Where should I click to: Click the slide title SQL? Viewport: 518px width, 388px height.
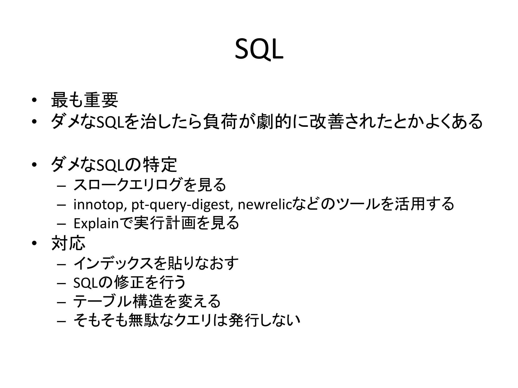pos(259,50)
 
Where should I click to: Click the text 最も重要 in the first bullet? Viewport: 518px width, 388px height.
pos(84,100)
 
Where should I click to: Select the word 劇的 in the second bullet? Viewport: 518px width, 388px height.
pos(274,122)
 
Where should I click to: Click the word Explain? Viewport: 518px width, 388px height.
pos(96,223)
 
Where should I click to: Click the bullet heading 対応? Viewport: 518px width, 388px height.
pos(68,243)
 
